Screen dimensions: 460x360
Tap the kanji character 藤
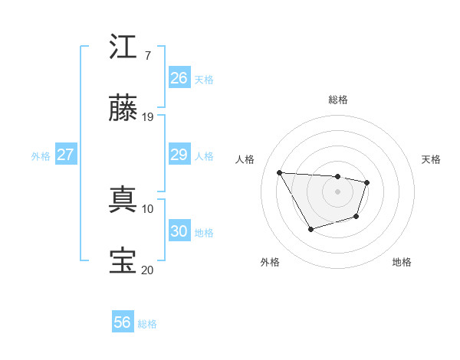coord(123,109)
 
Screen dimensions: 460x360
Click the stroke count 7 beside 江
coord(147,56)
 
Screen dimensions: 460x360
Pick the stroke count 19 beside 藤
coord(148,117)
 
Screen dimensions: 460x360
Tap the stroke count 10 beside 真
coord(148,208)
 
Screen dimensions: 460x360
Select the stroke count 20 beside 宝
coord(148,270)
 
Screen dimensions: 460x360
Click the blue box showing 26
coord(179,78)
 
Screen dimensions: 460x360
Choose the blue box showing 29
coord(179,155)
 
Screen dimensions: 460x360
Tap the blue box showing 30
coord(179,231)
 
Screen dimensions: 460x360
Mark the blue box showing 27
coord(66,155)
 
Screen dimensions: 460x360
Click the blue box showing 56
coord(123,323)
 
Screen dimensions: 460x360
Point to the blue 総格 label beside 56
coord(148,324)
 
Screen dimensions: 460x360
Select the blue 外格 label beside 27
coord(41,155)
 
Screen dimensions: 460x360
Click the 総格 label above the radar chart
coord(338,100)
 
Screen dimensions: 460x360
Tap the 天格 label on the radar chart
coord(432,159)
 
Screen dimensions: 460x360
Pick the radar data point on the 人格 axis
coord(280,172)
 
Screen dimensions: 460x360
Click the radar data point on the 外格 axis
coord(310,229)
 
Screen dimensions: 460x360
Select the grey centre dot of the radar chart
coord(337,191)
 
